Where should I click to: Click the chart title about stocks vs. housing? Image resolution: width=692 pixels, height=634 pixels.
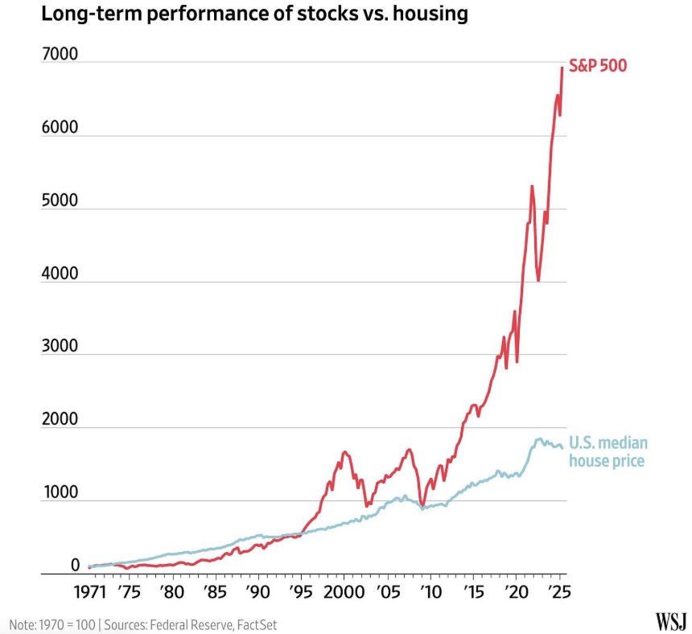coord(239,14)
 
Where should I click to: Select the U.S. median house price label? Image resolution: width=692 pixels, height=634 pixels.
coord(608,451)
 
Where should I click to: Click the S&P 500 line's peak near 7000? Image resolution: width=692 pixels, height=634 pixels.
coord(562,67)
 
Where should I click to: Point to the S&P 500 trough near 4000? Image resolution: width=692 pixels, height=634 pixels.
coord(538,281)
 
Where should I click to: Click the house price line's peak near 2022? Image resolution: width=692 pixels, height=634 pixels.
coord(538,439)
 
